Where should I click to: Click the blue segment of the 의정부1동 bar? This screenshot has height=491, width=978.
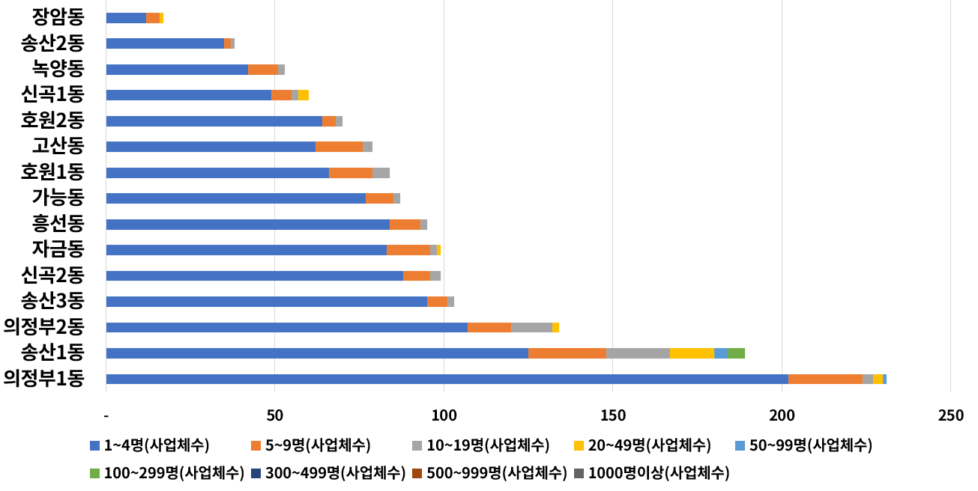click(x=447, y=379)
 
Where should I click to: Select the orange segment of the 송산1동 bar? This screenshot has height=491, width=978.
click(x=567, y=353)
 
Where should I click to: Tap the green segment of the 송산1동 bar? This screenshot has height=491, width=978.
click(x=736, y=353)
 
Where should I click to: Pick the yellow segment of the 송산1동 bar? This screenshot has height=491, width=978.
click(x=692, y=353)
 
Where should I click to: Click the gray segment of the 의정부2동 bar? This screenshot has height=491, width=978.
click(x=531, y=328)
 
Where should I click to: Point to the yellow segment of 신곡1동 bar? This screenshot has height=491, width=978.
click(x=304, y=95)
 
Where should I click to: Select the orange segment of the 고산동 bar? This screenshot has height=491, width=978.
click(x=339, y=147)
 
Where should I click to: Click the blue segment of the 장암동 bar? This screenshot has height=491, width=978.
click(x=126, y=18)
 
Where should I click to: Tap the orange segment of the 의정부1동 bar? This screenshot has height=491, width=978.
click(x=825, y=379)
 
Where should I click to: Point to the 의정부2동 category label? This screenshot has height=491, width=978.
click(x=44, y=326)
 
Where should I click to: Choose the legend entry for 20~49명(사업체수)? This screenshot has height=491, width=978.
click(x=649, y=446)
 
